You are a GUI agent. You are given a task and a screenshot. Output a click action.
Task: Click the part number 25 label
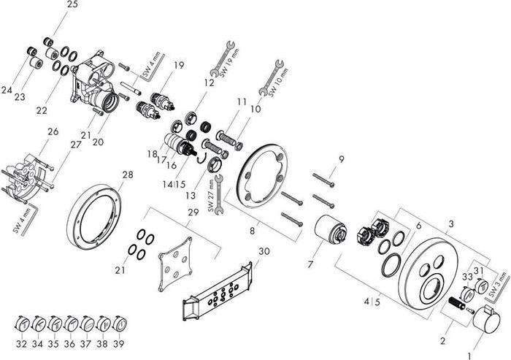(x=72, y=5)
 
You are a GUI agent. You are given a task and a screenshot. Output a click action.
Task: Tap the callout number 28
(x=128, y=175)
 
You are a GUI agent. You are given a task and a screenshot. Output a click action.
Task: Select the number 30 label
(x=264, y=250)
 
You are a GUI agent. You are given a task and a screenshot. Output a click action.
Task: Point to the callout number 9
(x=341, y=159)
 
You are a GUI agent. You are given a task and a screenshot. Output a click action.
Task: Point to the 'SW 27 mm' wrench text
(x=212, y=197)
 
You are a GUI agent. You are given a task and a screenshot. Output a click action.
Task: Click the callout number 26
(x=53, y=132)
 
